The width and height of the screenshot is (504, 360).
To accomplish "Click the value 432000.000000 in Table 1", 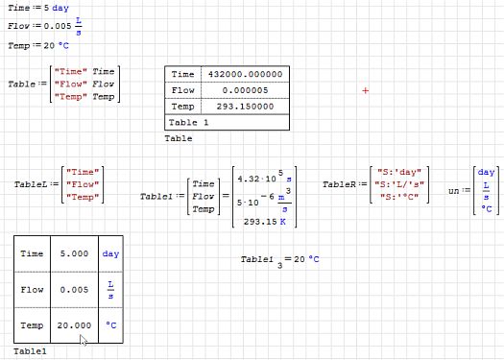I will (x=247, y=74).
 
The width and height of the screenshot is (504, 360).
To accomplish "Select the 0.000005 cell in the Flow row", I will (x=247, y=90).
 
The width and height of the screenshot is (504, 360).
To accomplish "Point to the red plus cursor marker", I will (x=366, y=90).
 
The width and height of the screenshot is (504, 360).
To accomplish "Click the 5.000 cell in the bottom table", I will (x=74, y=253).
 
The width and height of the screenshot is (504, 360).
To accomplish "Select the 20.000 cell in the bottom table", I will (x=74, y=325).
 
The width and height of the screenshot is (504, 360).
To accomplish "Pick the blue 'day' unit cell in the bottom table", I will (x=110, y=253).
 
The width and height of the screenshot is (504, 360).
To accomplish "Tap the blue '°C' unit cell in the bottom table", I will (x=110, y=325).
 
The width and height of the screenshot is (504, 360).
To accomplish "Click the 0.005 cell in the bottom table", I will (x=74, y=289).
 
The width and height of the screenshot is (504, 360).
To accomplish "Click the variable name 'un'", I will (x=454, y=191).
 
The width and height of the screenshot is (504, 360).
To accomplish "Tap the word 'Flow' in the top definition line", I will (x=19, y=26).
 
